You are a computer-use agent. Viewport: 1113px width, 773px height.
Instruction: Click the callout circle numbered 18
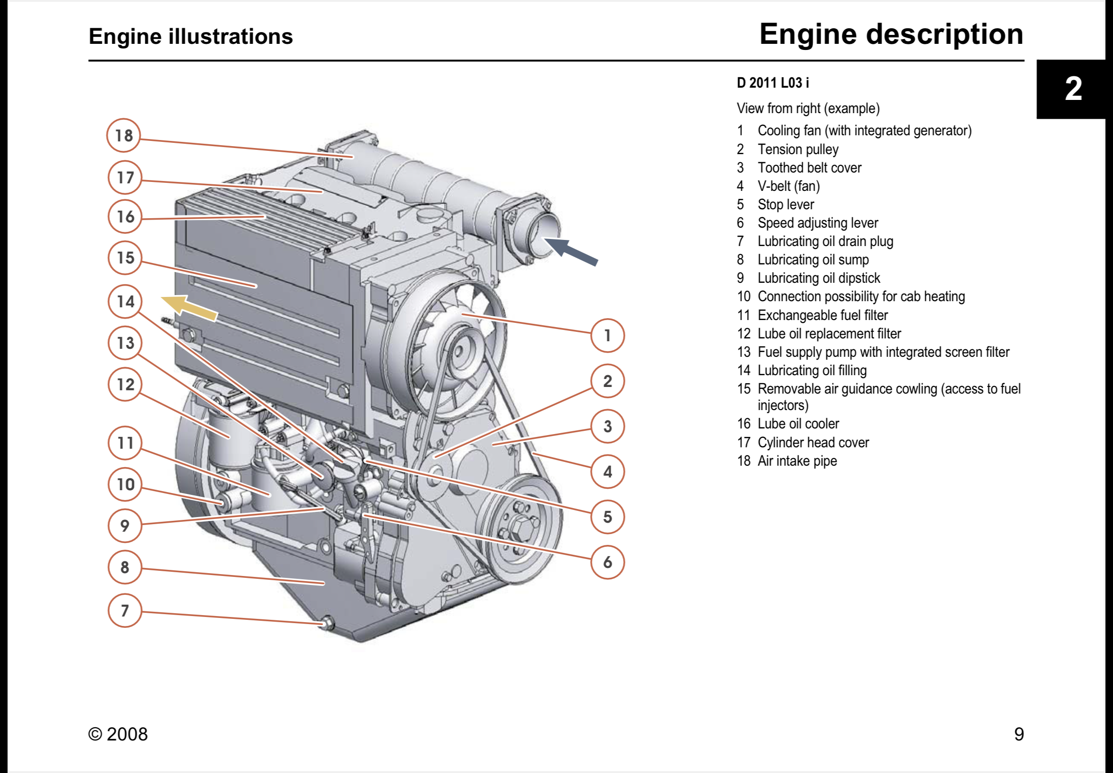124,135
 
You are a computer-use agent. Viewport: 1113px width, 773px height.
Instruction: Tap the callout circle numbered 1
607,335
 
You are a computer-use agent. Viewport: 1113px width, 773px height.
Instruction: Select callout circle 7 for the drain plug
125,610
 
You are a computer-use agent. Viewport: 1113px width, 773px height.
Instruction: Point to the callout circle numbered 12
125,384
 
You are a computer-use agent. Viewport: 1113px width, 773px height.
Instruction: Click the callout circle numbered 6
607,562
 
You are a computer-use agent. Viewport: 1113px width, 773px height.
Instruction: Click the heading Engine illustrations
191,36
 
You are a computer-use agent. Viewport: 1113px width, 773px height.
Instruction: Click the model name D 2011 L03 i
772,83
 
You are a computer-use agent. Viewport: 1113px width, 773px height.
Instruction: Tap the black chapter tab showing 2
1073,89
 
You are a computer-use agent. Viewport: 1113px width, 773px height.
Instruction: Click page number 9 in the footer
1019,734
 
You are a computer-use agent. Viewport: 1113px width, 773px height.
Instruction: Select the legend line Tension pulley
797,149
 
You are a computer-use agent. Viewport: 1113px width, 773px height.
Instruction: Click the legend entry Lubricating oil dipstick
818,278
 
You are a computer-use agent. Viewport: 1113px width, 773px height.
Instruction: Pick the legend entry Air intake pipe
797,461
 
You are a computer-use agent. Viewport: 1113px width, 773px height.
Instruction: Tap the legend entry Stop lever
785,205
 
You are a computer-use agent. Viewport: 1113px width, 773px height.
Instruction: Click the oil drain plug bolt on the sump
327,622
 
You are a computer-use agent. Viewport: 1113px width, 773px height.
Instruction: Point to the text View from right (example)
808,108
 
